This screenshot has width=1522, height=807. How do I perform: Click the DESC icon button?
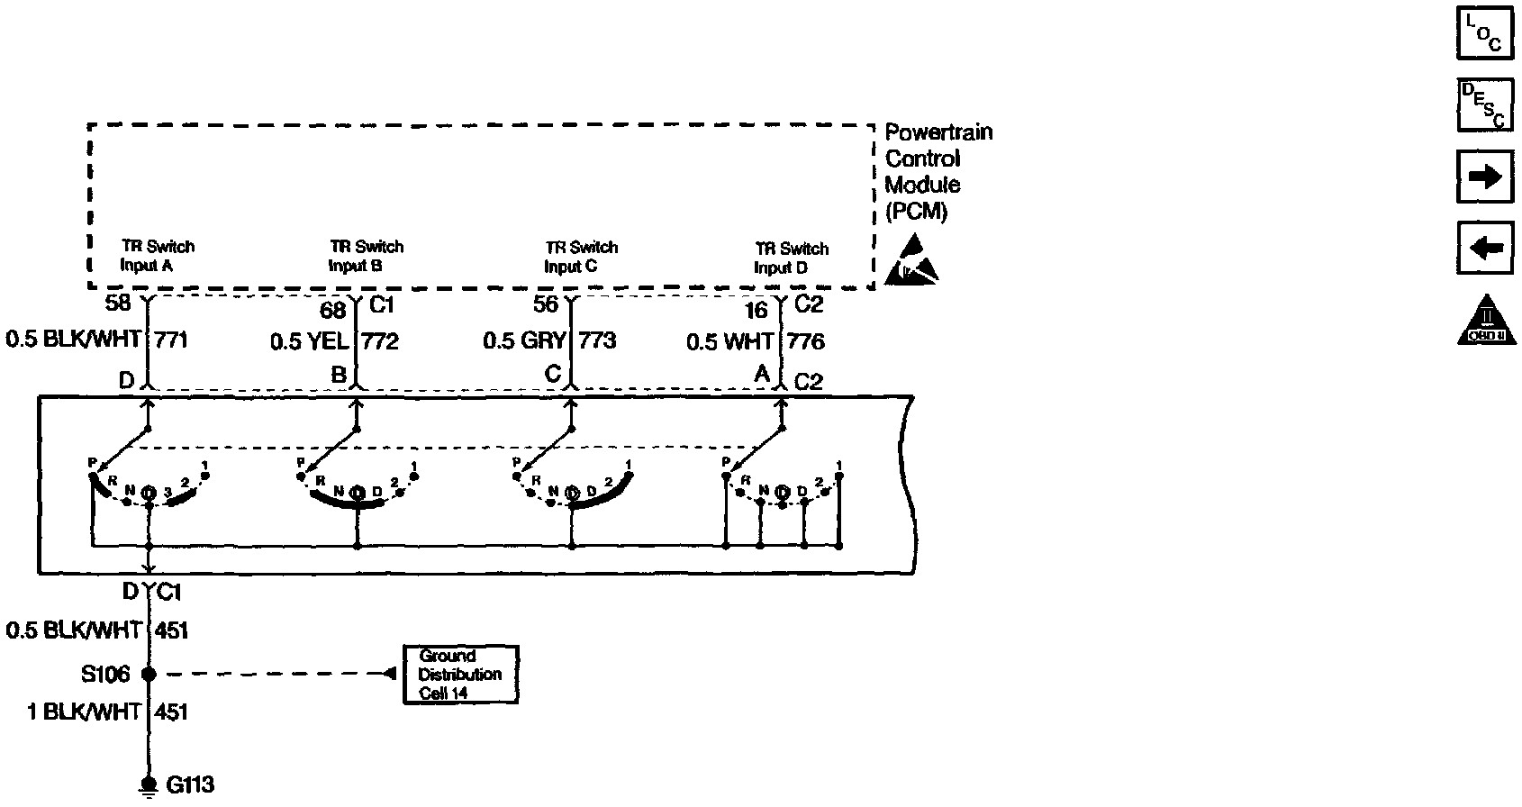(x=1483, y=104)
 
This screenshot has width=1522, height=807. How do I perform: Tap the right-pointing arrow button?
(x=1483, y=177)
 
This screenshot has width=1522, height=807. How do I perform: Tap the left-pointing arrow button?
(x=1483, y=248)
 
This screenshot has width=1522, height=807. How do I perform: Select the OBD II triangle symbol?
(x=1484, y=321)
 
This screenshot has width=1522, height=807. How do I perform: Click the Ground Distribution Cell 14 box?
(x=460, y=674)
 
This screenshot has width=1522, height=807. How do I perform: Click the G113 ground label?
(x=190, y=784)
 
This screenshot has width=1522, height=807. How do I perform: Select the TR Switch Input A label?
(x=157, y=256)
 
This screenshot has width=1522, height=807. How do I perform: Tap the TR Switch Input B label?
(x=366, y=256)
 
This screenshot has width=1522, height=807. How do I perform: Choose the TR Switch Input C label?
(x=581, y=257)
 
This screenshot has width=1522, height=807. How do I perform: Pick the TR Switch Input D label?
(x=791, y=258)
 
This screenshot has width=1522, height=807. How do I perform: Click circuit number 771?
(x=172, y=340)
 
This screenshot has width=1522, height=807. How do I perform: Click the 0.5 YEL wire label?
(x=309, y=342)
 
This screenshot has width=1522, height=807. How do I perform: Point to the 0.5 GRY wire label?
(x=524, y=341)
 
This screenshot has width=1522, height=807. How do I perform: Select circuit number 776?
(x=805, y=342)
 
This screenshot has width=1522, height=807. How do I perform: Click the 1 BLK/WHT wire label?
(x=84, y=712)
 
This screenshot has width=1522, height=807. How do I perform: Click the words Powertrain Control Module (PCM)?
(x=938, y=171)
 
